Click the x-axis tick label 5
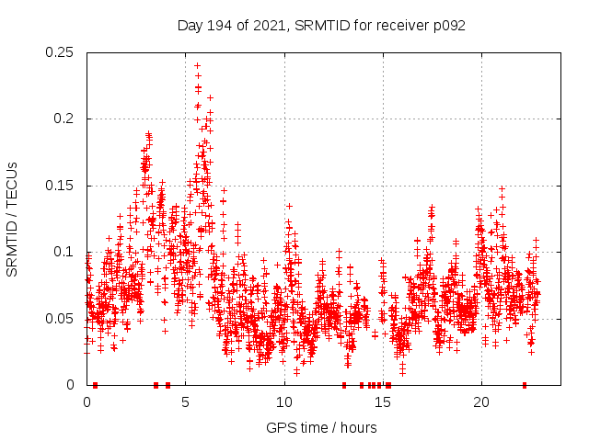pyautogui.click(x=186, y=401)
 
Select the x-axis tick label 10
pyautogui.click(x=284, y=401)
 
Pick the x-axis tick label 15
pyautogui.click(x=383, y=401)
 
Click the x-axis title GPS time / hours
pyautogui.click(x=321, y=427)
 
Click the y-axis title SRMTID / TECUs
pyautogui.click(x=13, y=219)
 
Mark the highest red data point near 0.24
pyautogui.click(x=197, y=65)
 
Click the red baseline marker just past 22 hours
pyautogui.click(x=525, y=385)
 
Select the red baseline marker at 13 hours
pyautogui.click(x=344, y=385)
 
